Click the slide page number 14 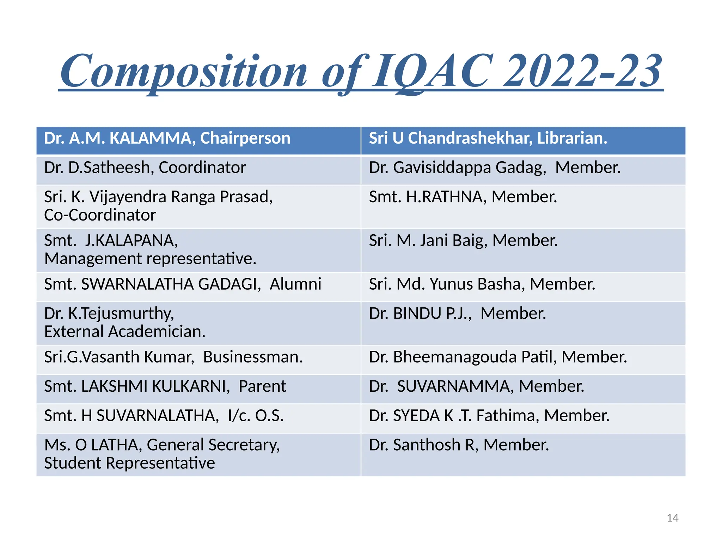click(x=672, y=518)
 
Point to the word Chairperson click(x=245, y=138)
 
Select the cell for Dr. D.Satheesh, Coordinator click(x=198, y=170)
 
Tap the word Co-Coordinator click(x=100, y=215)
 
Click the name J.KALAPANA click(x=131, y=241)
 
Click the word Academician click(x=157, y=332)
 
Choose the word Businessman click(x=253, y=357)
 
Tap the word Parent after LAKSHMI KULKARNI click(x=262, y=386)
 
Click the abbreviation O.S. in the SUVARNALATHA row click(x=269, y=416)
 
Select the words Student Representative click(x=129, y=463)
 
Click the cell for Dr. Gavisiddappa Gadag click(x=523, y=170)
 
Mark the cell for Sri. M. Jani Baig click(x=523, y=250)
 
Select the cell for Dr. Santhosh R click(x=523, y=454)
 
